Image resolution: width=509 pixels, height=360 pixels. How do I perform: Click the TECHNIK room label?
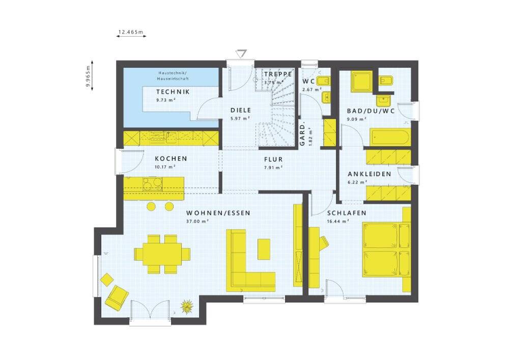pos(173,92)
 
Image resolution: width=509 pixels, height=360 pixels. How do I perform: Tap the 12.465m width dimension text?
pos(131,32)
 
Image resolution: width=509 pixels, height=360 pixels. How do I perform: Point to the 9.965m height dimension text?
pos(88,76)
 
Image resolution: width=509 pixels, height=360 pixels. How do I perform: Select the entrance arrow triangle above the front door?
pos(241,53)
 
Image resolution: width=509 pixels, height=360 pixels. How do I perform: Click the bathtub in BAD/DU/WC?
pos(390,137)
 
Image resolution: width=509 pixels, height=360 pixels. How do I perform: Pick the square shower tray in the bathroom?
pos(361,81)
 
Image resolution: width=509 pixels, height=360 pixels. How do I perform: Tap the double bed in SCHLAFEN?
pos(386,250)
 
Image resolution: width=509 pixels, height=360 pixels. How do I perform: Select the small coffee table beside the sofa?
pos(264,249)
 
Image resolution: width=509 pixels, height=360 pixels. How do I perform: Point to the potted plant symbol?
pos(187,306)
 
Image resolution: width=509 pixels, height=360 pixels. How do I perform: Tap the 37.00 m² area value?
pos(197,221)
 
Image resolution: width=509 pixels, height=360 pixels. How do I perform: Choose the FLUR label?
pos(273,159)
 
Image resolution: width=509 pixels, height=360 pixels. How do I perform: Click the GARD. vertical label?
pos(302,134)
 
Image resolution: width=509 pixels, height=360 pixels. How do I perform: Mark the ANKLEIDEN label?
pos(370,174)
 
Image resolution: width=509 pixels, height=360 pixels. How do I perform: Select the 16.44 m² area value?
pos(338,221)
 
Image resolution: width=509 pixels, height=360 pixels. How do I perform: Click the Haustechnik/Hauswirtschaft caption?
pos(173,76)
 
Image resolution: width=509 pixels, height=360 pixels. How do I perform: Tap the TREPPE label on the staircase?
pos(278,74)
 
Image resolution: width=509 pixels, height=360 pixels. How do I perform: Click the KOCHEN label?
pos(171,159)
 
